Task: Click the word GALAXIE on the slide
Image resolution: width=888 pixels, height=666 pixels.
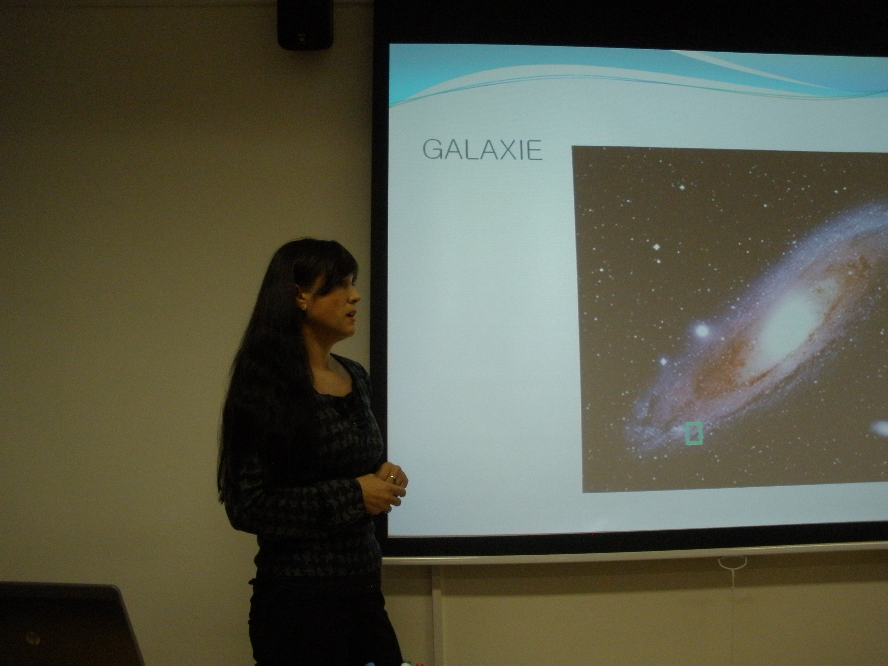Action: (x=482, y=150)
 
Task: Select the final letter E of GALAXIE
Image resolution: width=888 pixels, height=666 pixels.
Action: (x=535, y=151)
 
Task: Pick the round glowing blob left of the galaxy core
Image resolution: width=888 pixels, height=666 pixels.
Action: (x=702, y=330)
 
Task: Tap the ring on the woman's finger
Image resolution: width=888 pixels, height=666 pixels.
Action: (x=393, y=477)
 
